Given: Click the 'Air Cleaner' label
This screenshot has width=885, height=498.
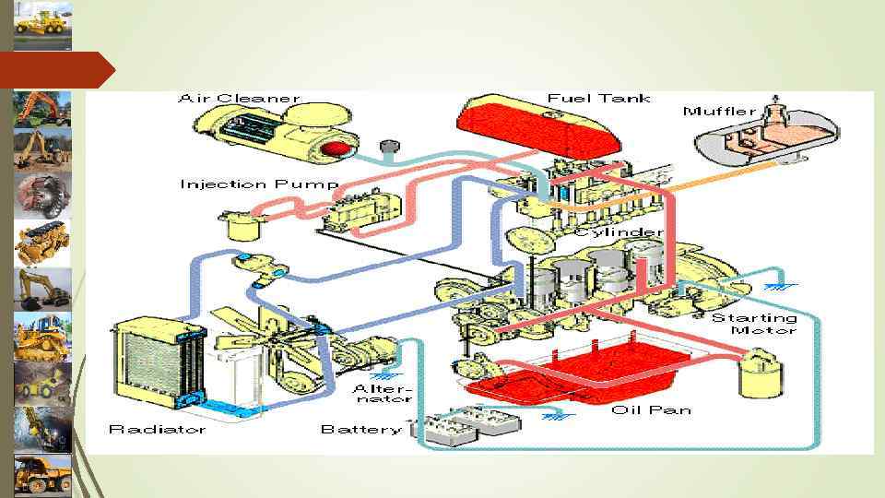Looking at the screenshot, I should tap(240, 98).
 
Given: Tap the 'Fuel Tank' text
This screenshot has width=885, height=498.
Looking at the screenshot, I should tap(598, 98).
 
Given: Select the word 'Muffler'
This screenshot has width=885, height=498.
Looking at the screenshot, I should tap(720, 112).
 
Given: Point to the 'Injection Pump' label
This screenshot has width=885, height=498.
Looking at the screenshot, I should tap(259, 184).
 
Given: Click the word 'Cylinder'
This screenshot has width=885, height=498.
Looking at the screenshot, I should tap(619, 232).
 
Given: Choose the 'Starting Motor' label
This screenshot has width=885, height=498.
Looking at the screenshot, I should tap(753, 324).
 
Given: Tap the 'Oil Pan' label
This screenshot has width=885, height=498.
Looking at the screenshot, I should tap(651, 409).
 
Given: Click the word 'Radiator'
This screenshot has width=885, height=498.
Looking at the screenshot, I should tap(157, 429).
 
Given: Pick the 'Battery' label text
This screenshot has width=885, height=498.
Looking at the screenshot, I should tap(360, 429).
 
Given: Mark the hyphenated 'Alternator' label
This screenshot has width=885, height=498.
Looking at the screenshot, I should tap(382, 395).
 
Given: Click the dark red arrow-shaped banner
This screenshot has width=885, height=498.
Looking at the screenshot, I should tap(55, 70).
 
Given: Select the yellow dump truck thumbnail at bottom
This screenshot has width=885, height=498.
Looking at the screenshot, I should tap(42, 474).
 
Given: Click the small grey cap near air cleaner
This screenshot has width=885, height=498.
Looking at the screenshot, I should tap(388, 147).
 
